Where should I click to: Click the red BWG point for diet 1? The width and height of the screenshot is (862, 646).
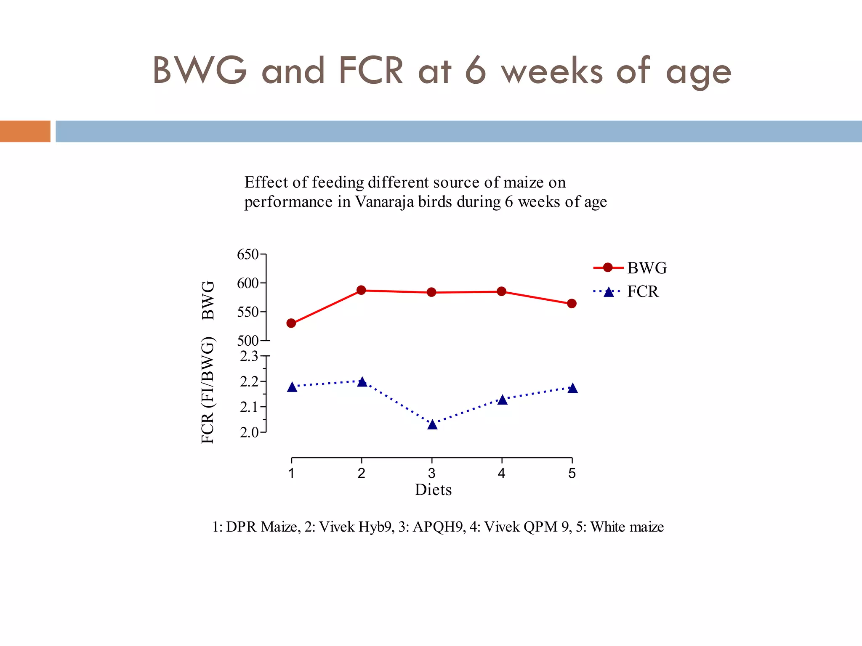[291, 323]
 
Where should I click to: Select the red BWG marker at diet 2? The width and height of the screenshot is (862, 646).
[361, 290]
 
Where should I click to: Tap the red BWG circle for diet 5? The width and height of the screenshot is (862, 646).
[572, 303]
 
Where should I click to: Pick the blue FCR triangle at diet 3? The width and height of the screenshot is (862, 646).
[432, 425]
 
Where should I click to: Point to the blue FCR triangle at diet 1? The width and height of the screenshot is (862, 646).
[292, 387]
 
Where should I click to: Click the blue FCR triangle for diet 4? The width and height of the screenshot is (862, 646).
[502, 400]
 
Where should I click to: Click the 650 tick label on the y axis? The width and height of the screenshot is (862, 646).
[247, 254]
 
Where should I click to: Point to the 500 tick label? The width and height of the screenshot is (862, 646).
[247, 341]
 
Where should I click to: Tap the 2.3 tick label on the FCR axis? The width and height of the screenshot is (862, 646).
[249, 357]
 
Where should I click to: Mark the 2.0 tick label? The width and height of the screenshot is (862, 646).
[249, 432]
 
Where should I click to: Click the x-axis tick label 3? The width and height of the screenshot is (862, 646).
[431, 474]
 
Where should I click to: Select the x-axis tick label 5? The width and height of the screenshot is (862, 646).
[572, 474]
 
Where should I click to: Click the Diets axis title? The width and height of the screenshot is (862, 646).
[433, 490]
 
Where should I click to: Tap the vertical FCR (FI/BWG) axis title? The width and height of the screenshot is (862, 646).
[208, 390]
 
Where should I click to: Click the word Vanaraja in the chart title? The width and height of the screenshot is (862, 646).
[385, 202]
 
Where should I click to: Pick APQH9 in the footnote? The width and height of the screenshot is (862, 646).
[438, 527]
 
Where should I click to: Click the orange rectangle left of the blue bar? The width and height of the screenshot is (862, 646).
[25, 131]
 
